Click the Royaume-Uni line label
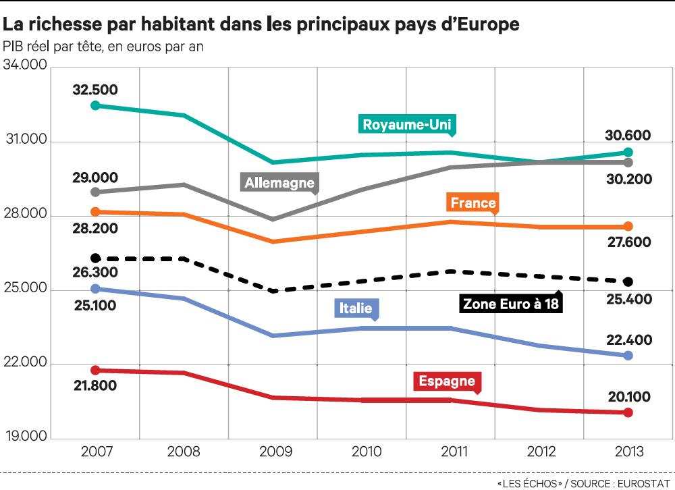click(407, 124)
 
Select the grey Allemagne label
click(279, 182)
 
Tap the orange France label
click(473, 202)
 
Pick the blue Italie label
click(356, 308)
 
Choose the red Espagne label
click(447, 381)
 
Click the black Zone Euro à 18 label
click(512, 304)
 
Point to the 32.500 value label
click(94, 90)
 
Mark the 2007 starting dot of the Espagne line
click(95, 370)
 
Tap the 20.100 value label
click(628, 397)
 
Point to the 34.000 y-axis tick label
click(25, 66)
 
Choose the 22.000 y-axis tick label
click(25, 364)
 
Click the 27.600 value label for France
click(628, 242)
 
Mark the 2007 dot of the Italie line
click(95, 288)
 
